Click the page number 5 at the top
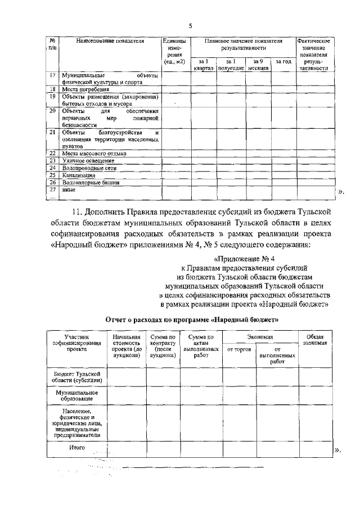click(x=190, y=26)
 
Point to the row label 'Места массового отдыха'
click(x=94, y=153)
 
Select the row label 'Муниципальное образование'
click(x=76, y=395)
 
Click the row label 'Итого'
click(x=76, y=448)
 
